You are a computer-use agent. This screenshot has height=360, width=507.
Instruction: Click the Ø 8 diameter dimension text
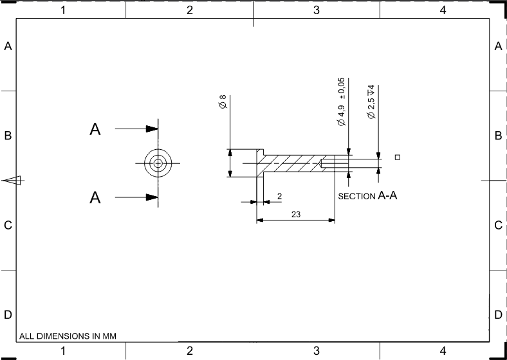click(223, 102)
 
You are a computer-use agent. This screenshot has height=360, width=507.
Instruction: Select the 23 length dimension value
click(296, 214)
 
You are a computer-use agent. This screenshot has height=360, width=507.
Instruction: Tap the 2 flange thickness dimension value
click(279, 195)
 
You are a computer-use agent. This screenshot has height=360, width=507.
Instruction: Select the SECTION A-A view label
click(367, 195)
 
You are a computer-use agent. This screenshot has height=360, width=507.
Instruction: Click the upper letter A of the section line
click(95, 130)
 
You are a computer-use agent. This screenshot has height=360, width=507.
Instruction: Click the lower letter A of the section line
click(95, 197)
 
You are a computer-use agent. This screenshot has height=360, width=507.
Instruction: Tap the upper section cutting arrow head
click(152, 129)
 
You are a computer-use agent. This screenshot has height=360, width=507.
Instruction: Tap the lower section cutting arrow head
click(152, 197)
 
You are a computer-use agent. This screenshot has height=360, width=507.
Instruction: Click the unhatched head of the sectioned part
click(243, 163)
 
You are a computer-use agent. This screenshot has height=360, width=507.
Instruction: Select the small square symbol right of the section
click(398, 157)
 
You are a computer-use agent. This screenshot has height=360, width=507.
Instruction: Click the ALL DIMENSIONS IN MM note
click(68, 336)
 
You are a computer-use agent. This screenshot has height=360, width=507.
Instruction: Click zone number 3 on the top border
click(316, 10)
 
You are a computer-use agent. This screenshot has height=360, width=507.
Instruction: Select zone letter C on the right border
click(498, 226)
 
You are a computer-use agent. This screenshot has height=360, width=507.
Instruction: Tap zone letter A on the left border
click(8, 46)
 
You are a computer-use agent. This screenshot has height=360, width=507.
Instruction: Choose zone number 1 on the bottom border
click(63, 350)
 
